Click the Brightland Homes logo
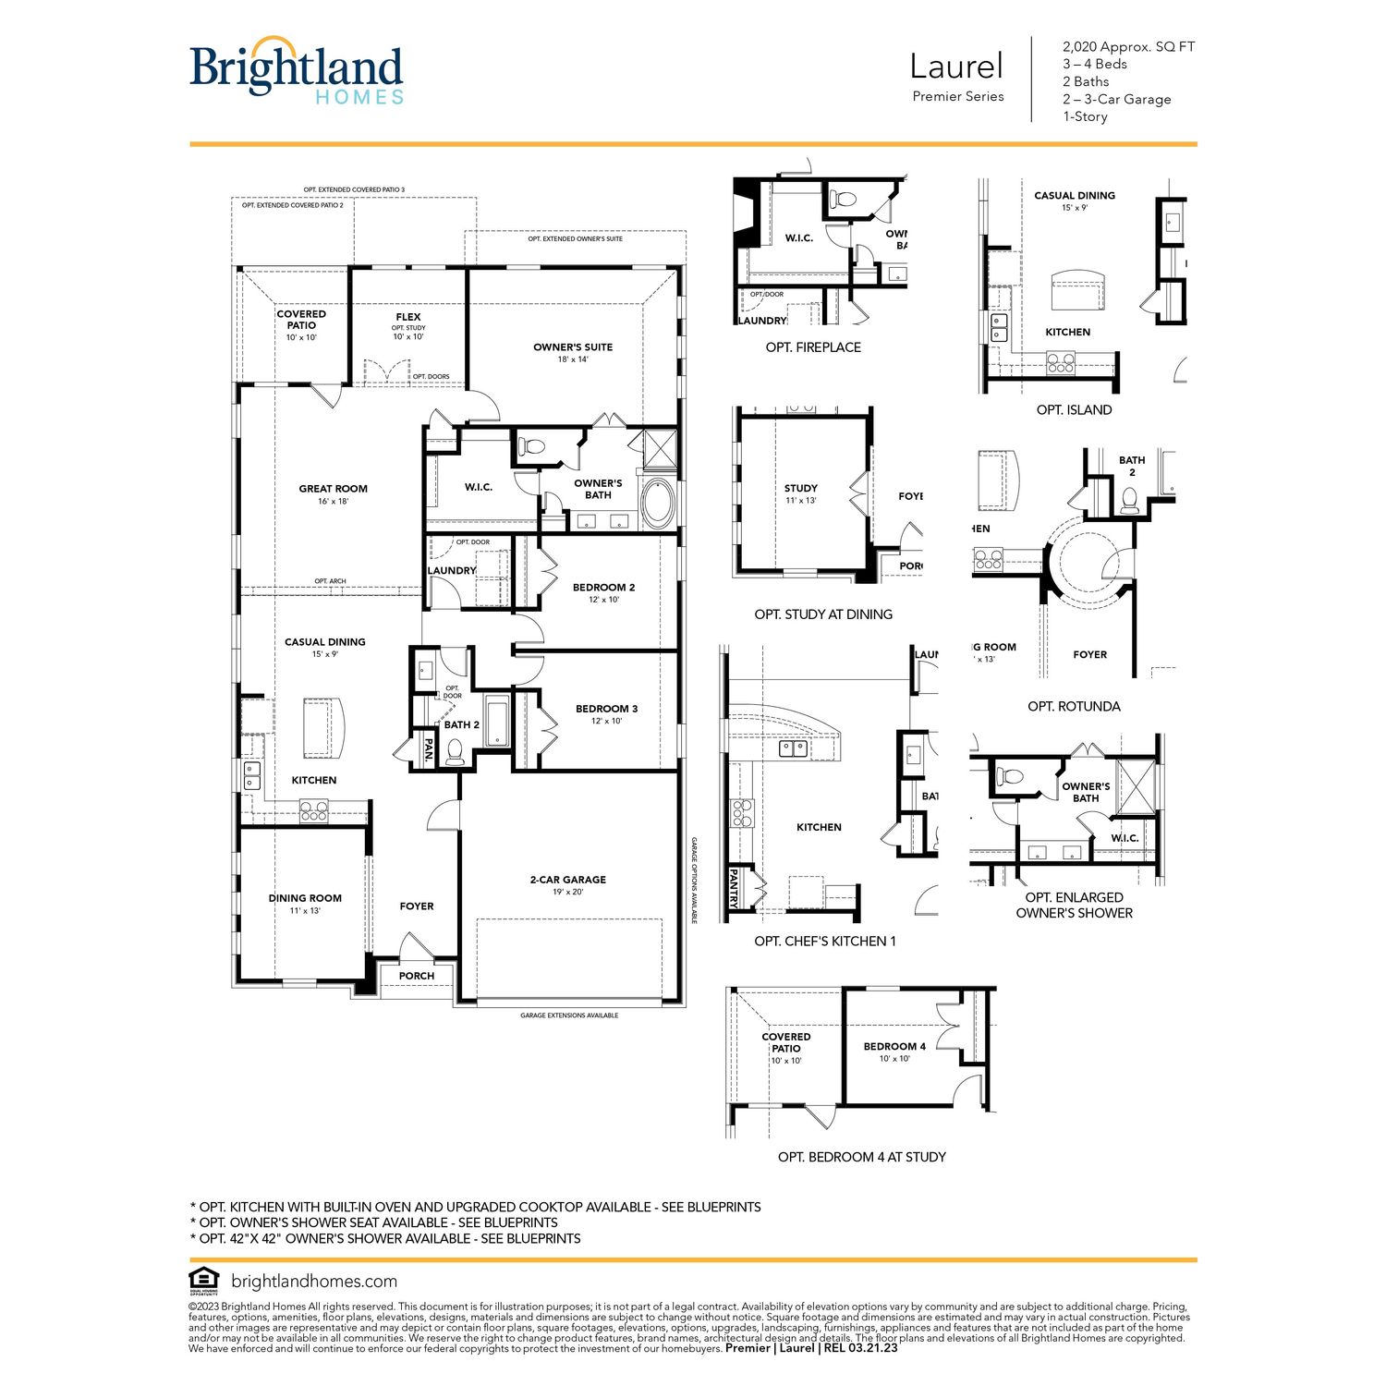pyautogui.click(x=297, y=70)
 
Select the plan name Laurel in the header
pyautogui.click(x=956, y=67)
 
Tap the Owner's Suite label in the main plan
pyautogui.click(x=573, y=347)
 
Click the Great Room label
pyautogui.click(x=333, y=489)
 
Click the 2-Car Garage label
pyautogui.click(x=567, y=880)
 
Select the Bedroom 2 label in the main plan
pyautogui.click(x=603, y=588)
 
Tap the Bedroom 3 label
pyautogui.click(x=606, y=709)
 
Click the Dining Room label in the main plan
pyautogui.click(x=305, y=898)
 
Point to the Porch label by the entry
pyautogui.click(x=417, y=976)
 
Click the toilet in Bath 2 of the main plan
pyautogui.click(x=455, y=753)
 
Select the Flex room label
pyautogui.click(x=408, y=317)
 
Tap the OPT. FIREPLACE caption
pyautogui.click(x=813, y=347)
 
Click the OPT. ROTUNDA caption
pyautogui.click(x=1074, y=706)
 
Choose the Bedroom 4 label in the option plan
pyautogui.click(x=894, y=1047)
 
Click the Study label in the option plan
pyautogui.click(x=800, y=488)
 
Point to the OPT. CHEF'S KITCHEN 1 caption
pyautogui.click(x=825, y=941)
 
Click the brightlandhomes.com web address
pyautogui.click(x=314, y=1282)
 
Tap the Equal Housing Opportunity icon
pyautogui.click(x=203, y=1280)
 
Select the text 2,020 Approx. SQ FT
pyautogui.click(x=1128, y=46)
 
